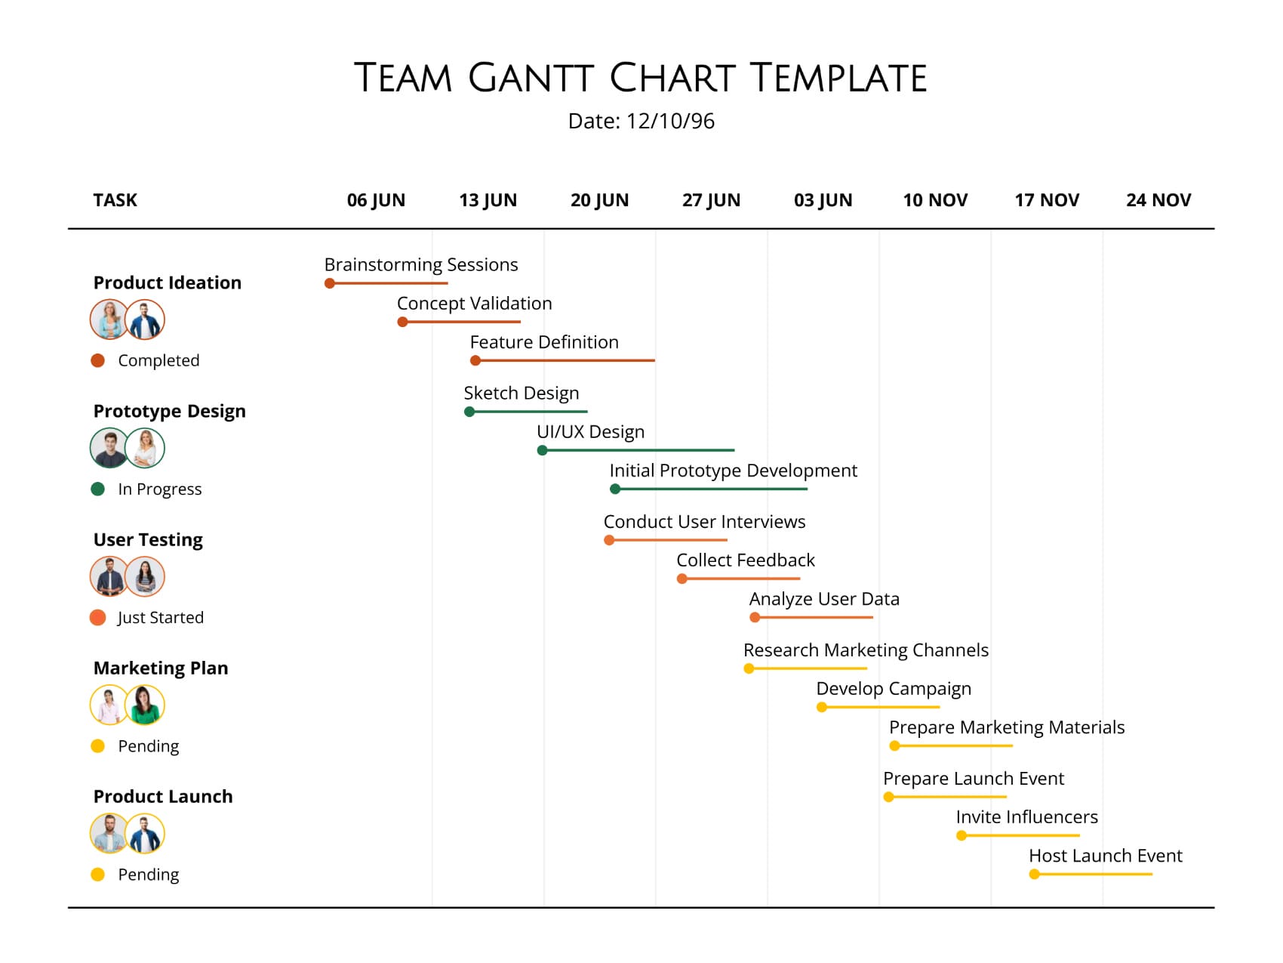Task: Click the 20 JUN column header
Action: coord(599,200)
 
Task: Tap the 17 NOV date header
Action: coord(1046,200)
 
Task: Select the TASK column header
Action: coord(115,200)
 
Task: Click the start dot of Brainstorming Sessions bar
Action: coord(330,283)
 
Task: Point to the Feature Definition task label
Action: coord(543,342)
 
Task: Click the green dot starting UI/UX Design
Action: coord(542,451)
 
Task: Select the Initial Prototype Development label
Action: coord(733,471)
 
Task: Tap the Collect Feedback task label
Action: coord(745,560)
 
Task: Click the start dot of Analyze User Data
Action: coord(755,618)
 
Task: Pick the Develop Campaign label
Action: coord(894,689)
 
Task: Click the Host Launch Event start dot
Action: coord(1034,875)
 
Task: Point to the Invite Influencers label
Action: coord(1026,817)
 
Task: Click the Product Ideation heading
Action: coord(168,282)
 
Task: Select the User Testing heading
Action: coord(148,539)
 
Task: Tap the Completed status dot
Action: coord(97,360)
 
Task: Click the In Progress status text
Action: coord(160,489)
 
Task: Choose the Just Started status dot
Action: coord(97,618)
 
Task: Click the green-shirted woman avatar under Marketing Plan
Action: coord(145,705)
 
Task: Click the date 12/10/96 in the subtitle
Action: coord(670,122)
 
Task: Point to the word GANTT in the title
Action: coord(531,78)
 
